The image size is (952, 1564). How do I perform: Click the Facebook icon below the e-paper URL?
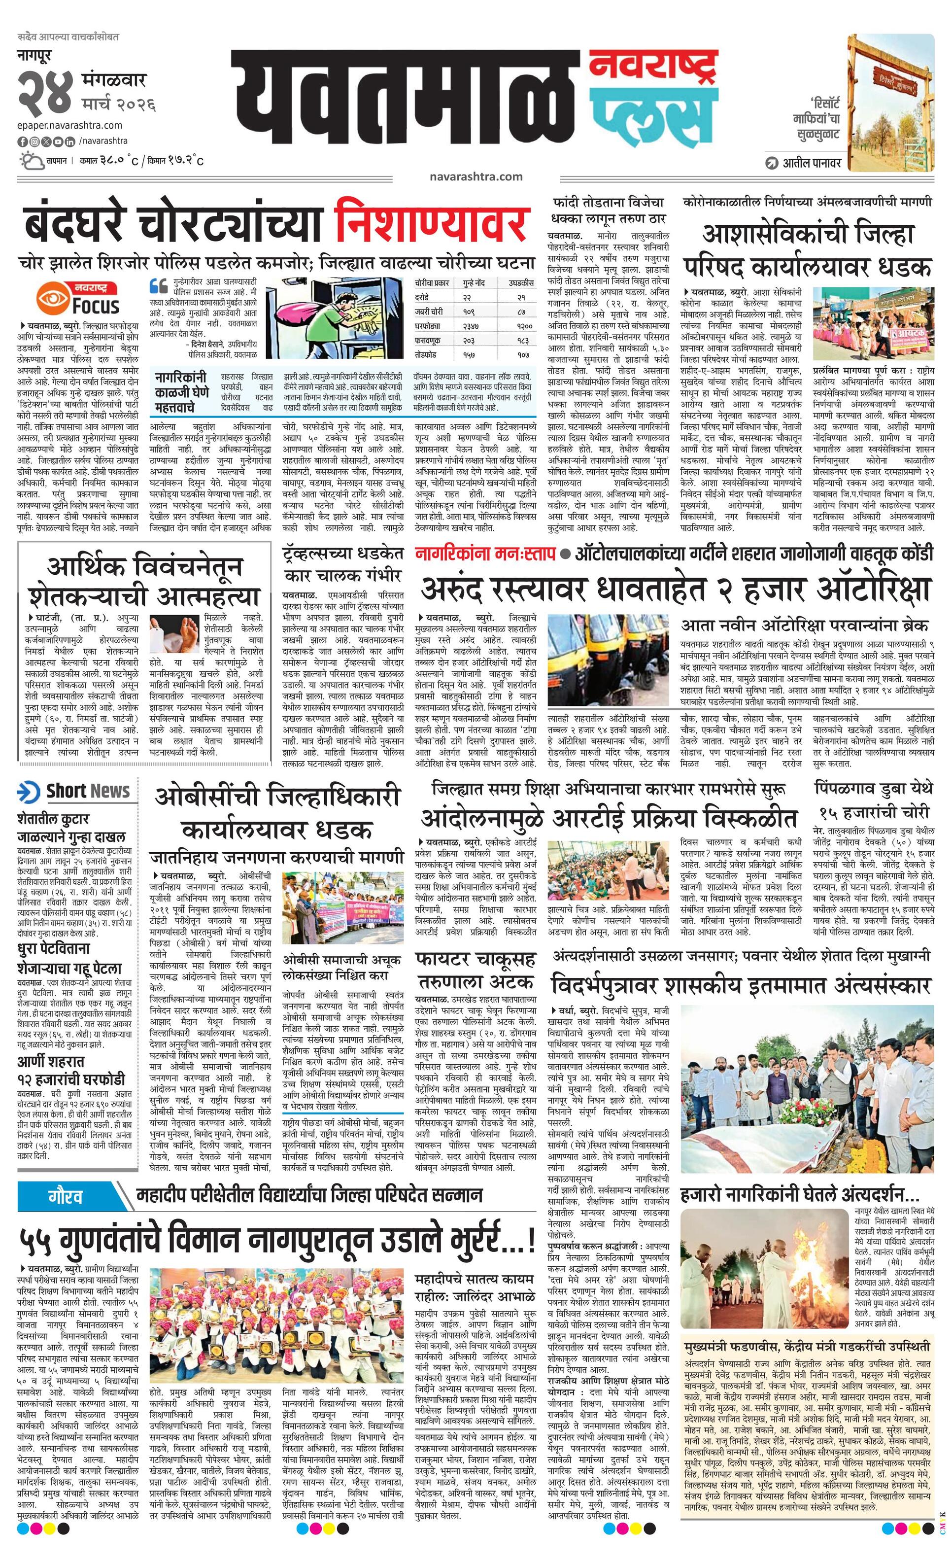(22, 140)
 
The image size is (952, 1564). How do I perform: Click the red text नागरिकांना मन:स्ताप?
(484, 554)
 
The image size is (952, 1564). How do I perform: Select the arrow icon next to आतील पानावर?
(772, 163)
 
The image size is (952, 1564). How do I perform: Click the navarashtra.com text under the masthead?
(476, 177)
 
